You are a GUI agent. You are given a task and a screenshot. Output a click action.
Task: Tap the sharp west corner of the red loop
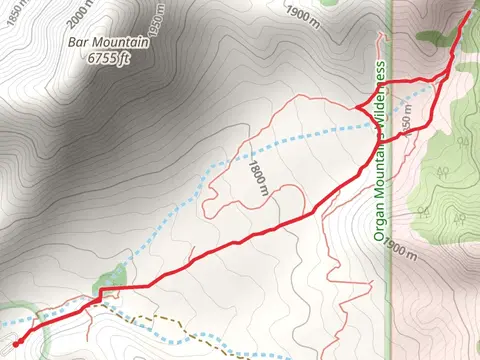[x=357, y=106]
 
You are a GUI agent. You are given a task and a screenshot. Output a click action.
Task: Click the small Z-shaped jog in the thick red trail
[x=100, y=292]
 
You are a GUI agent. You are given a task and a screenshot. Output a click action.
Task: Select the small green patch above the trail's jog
[x=114, y=273]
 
